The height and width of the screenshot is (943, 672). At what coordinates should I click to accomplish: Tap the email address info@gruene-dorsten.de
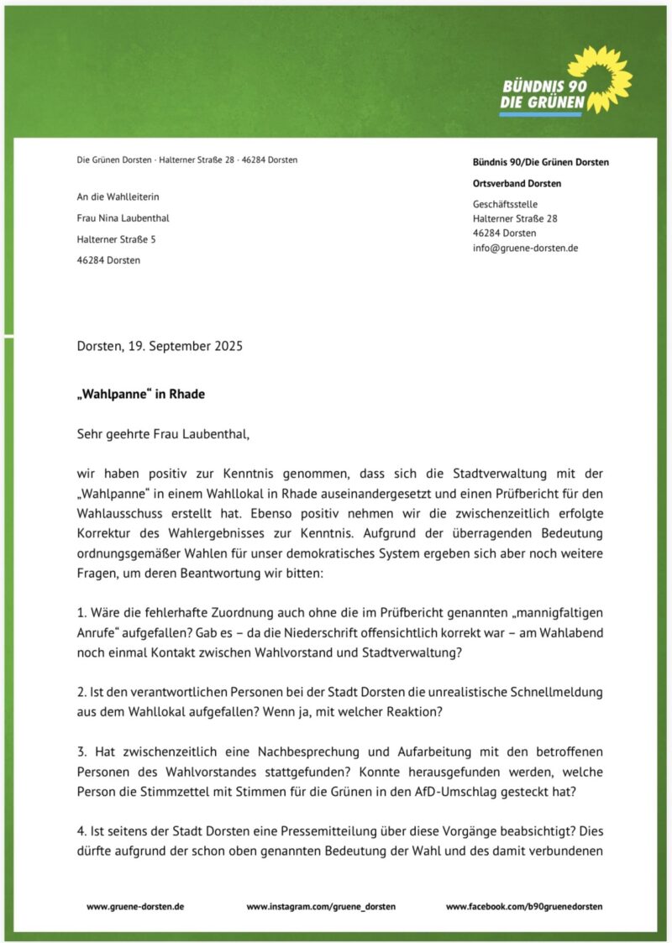[525, 249]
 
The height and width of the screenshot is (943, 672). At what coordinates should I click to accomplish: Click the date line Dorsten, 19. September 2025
[160, 346]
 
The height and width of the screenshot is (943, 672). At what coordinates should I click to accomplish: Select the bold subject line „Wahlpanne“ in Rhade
[140, 394]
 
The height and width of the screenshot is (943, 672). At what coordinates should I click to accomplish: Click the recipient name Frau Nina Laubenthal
[123, 218]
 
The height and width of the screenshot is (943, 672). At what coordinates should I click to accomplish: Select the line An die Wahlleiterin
[118, 197]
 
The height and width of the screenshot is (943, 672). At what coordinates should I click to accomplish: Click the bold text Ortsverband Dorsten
[517, 184]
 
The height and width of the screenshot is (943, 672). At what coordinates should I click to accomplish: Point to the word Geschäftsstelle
[506, 204]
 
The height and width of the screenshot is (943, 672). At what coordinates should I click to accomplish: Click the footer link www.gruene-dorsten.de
[135, 907]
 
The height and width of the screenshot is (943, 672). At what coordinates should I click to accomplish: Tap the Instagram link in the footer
[321, 907]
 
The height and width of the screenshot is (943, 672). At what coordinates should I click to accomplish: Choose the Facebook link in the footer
[524, 907]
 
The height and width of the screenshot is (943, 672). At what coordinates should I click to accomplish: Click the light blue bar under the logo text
[540, 114]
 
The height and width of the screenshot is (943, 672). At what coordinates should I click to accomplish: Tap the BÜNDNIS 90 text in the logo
[538, 86]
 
